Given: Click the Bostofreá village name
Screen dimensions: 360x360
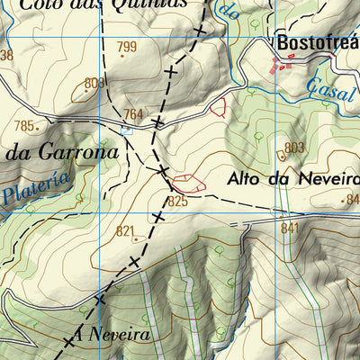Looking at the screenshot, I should (317, 42).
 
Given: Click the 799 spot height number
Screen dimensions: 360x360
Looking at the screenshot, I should (127, 48).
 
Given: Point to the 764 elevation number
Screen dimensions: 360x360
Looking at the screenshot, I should (133, 114).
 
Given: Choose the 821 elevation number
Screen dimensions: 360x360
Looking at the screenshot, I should (125, 231).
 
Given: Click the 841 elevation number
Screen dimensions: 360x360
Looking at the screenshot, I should (289, 229).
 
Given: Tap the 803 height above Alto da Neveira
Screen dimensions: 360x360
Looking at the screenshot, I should (294, 148).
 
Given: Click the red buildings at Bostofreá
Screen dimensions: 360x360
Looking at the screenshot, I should (283, 65).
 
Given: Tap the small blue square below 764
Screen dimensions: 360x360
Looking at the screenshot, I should (127, 130).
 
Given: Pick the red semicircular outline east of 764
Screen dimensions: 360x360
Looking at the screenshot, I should (217, 108).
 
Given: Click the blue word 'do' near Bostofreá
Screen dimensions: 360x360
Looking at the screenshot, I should (230, 13).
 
